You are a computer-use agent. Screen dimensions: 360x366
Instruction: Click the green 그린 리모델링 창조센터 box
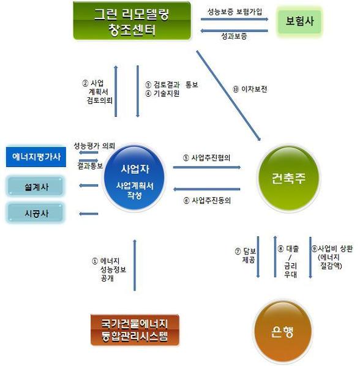[x=132, y=21]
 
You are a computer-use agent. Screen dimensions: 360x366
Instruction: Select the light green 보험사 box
[x=299, y=21]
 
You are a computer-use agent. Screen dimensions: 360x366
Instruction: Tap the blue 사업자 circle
[x=135, y=178]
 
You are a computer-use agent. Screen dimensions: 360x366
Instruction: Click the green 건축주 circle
[x=288, y=178]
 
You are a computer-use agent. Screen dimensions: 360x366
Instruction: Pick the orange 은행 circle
[x=283, y=332]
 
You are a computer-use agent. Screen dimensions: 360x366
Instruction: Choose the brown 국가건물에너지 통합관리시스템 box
[x=135, y=330]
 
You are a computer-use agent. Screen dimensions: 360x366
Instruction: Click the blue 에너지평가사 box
[x=36, y=157]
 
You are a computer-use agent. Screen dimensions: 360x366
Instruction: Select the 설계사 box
[x=36, y=186]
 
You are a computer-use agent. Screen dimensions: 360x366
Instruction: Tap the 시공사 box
[x=36, y=213]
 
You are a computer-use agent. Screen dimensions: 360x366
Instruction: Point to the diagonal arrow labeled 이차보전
[x=228, y=95]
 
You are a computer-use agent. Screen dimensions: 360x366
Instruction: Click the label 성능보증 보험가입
[x=234, y=12]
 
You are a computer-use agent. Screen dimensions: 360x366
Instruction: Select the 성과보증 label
[x=234, y=36]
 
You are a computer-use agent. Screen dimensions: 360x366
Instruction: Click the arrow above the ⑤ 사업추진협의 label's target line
[x=207, y=167]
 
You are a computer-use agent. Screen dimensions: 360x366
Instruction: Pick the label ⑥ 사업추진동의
[x=207, y=200]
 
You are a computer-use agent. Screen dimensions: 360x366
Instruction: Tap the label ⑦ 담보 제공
[x=246, y=255]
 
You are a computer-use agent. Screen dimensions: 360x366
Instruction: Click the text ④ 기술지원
[x=162, y=94]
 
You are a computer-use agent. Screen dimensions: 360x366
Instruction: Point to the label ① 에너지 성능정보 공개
[x=109, y=269]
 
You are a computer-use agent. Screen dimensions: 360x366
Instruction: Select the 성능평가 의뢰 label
[x=94, y=146]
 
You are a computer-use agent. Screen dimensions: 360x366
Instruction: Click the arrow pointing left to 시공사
[x=89, y=214]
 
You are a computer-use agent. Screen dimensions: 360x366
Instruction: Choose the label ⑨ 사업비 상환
[x=332, y=248]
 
